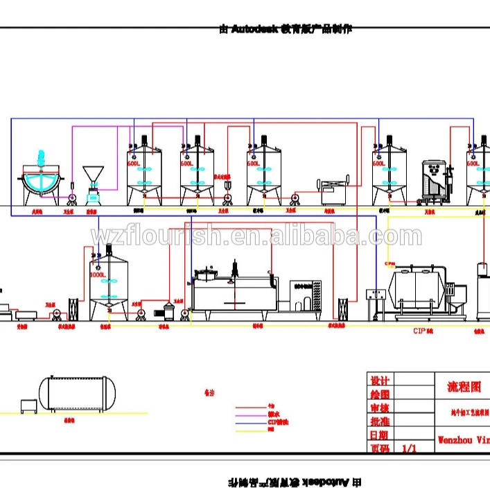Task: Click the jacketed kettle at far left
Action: point(40,180)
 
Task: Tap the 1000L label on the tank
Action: point(98,274)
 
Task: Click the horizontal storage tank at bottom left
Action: point(77,392)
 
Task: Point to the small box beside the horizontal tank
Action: point(28,405)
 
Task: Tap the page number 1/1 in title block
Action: point(410,448)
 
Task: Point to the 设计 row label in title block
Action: point(380,381)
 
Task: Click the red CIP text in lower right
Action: point(422,331)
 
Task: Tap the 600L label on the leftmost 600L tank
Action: point(134,164)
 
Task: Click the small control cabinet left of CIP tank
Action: point(376,301)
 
